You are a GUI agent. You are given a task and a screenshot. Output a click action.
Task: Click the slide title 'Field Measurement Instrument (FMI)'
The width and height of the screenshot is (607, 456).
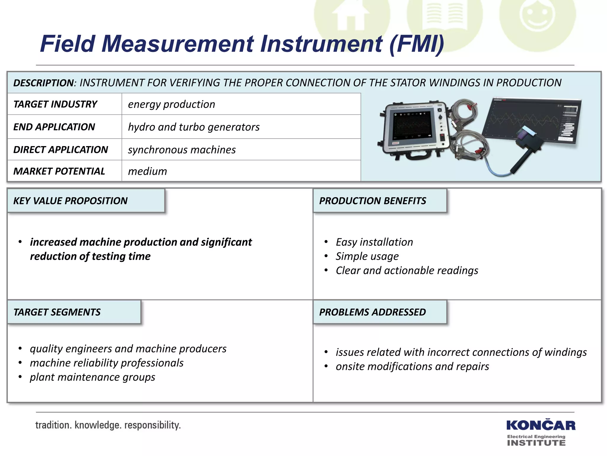[242, 44]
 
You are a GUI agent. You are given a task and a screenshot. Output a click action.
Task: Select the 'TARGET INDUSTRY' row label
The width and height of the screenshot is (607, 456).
[55, 104]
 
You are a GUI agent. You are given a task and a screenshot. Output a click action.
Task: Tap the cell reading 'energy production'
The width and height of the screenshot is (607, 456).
[172, 104]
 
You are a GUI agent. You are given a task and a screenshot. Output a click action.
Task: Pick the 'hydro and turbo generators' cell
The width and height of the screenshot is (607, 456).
[194, 127]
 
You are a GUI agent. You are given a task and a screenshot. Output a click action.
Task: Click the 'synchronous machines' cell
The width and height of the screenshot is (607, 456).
[182, 150]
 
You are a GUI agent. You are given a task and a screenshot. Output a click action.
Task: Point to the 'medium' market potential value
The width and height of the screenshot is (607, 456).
[147, 171]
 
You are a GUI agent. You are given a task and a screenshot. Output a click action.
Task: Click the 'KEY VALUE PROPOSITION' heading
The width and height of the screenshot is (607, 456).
[71, 201]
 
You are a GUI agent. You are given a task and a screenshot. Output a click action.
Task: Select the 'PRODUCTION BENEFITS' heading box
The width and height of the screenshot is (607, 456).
[373, 201]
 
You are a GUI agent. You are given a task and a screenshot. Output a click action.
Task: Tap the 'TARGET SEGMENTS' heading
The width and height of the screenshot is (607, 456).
[57, 312]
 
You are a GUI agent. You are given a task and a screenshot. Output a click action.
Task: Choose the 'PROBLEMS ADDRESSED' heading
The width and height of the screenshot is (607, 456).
[373, 312]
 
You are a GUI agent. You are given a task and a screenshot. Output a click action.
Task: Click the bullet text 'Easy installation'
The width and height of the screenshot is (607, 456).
[374, 242]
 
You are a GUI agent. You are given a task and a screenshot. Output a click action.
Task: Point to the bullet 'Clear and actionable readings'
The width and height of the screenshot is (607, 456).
[407, 270]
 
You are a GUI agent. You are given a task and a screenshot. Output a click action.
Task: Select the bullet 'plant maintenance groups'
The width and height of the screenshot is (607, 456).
[92, 377]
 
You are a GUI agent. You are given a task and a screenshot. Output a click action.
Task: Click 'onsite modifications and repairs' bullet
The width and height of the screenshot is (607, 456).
[412, 366]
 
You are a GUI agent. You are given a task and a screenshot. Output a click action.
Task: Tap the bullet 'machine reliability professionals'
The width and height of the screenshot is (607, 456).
[107, 363]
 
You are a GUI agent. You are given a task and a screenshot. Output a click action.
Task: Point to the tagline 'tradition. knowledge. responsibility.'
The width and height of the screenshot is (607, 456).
[108, 425]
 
